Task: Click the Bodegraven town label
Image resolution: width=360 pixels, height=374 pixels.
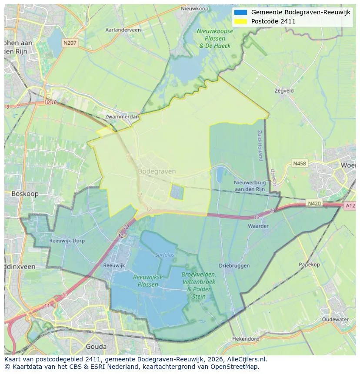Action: pyautogui.click(x=157, y=171)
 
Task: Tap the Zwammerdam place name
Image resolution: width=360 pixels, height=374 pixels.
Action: pyautogui.click(x=122, y=117)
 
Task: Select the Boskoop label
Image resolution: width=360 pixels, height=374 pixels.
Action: pyautogui.click(x=25, y=194)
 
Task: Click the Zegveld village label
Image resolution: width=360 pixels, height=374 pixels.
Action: pyautogui.click(x=284, y=91)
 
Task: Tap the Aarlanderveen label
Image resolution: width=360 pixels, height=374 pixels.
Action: pyautogui.click(x=123, y=30)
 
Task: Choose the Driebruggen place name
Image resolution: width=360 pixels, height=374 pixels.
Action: pyautogui.click(x=234, y=265)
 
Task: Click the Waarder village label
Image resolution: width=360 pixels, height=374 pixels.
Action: pyautogui.click(x=258, y=226)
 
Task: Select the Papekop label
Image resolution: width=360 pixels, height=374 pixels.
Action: pyautogui.click(x=309, y=265)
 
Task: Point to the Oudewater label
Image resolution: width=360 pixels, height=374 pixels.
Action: pyautogui.click(x=335, y=319)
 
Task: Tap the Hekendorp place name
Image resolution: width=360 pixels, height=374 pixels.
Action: pyautogui.click(x=246, y=338)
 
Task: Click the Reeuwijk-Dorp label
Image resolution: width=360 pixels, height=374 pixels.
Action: pyautogui.click(x=67, y=241)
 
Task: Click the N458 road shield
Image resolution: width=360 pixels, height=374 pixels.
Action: pyautogui.click(x=299, y=163)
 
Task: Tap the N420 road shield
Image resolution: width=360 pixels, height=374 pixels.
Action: pyautogui.click(x=314, y=203)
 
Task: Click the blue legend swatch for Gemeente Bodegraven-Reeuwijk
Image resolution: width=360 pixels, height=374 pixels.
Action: pyautogui.click(x=240, y=12)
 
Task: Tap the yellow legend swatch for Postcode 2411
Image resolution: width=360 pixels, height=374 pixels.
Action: pyautogui.click(x=240, y=21)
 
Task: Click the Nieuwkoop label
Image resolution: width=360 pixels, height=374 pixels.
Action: pyautogui.click(x=195, y=8)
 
